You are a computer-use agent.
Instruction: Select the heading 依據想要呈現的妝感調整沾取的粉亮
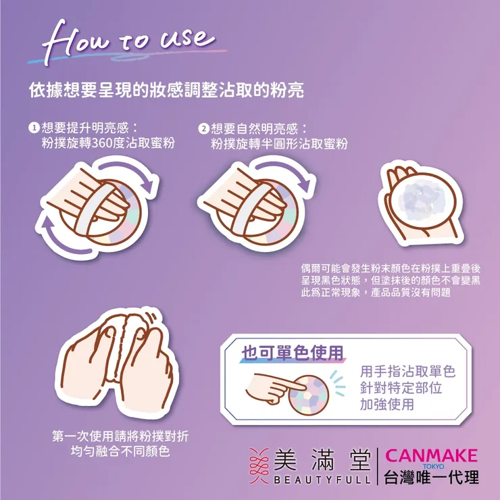[x=166, y=89]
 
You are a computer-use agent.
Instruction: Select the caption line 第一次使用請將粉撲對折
[x=120, y=436]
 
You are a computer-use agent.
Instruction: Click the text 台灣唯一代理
[x=430, y=477]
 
